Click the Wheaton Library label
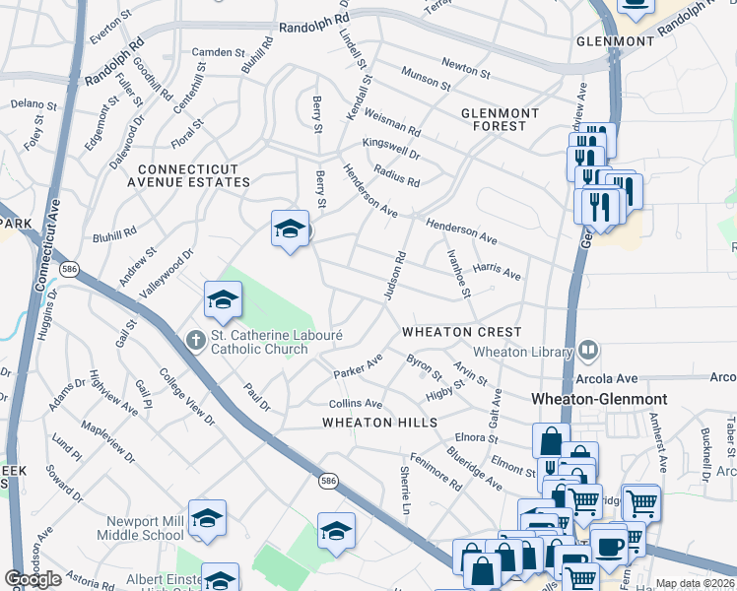click(x=521, y=352)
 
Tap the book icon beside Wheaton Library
click(x=588, y=350)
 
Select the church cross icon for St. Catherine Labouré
click(x=197, y=339)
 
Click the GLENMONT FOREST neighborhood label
click(x=500, y=122)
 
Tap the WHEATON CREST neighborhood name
click(x=461, y=333)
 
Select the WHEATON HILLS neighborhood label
click(x=379, y=423)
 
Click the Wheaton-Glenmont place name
click(x=599, y=399)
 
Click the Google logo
click(x=33, y=579)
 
